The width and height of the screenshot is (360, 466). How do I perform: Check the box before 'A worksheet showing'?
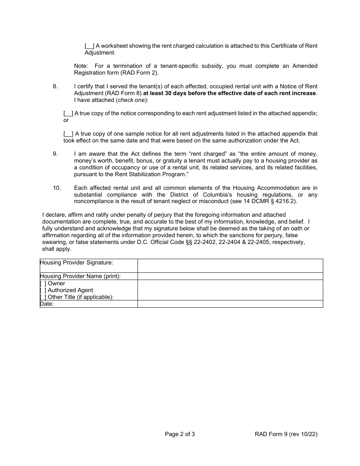pyautogui.click(x=90, y=46)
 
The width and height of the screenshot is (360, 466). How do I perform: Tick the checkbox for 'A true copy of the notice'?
pyautogui.click(x=68, y=113)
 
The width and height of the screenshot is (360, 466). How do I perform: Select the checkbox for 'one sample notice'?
pyautogui.click(x=68, y=134)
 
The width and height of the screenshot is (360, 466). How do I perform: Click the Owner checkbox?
pyautogui.click(x=43, y=283)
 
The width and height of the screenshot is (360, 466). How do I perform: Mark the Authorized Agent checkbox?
pyautogui.click(x=43, y=290)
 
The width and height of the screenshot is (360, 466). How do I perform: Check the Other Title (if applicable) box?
pyautogui.click(x=43, y=297)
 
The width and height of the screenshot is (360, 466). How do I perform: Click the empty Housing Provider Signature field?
pyautogui.click(x=230, y=266)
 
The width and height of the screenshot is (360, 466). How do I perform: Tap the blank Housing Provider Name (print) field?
pyautogui.click(x=230, y=276)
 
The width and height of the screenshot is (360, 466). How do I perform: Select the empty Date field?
pyautogui.click(x=230, y=304)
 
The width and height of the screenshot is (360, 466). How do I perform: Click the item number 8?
pyautogui.click(x=55, y=86)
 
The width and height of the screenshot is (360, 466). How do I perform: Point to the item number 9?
pyautogui.click(x=55, y=154)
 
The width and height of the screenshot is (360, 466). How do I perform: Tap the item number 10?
pyautogui.click(x=56, y=188)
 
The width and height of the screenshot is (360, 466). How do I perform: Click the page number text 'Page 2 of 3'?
pyautogui.click(x=180, y=434)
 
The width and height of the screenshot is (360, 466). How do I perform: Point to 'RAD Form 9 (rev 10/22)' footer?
pyautogui.click(x=286, y=434)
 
